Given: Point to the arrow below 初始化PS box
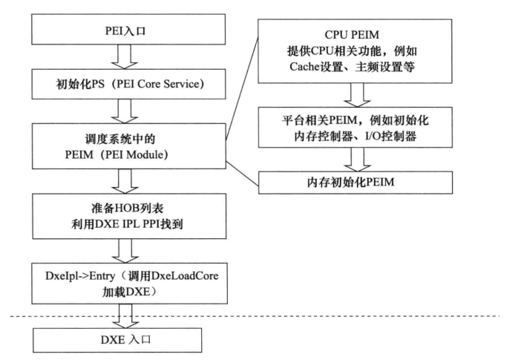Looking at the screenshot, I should [x=123, y=111].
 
